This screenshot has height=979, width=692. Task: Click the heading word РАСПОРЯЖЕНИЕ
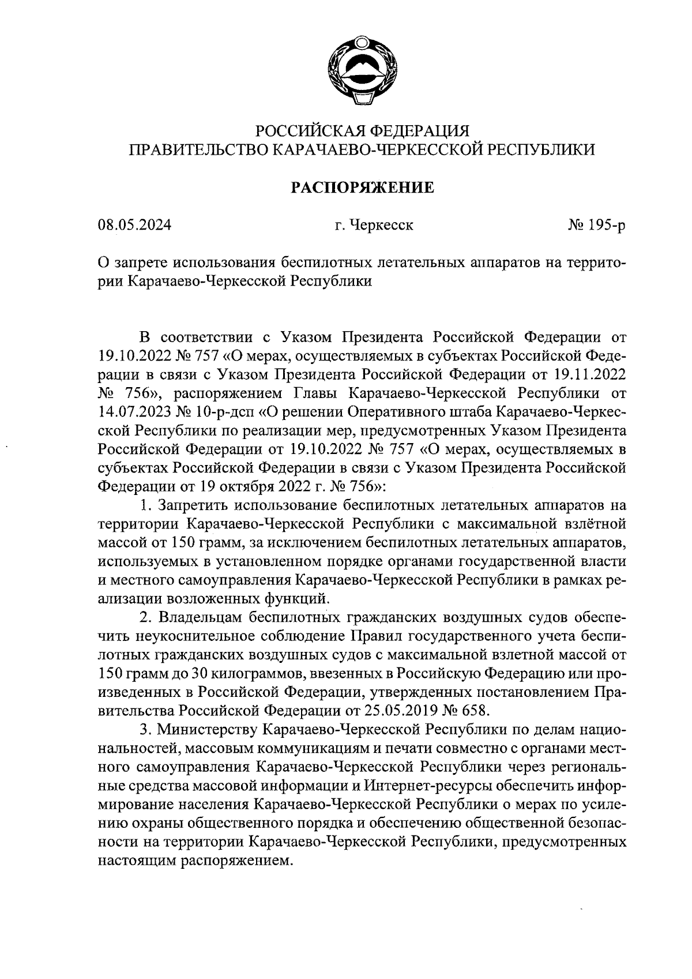(362, 187)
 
